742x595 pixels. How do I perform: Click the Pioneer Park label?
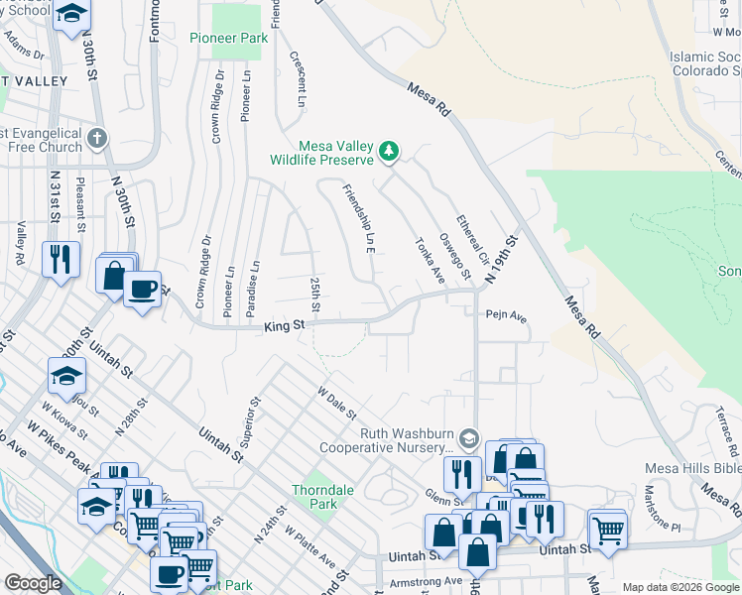point(228,39)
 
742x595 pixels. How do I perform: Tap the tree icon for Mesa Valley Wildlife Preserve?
point(390,152)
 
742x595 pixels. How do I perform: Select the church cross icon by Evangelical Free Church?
point(96,137)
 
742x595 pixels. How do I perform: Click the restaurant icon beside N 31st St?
point(61,260)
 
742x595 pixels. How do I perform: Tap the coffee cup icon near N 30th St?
point(144,289)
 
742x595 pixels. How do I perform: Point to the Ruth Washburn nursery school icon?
point(468,437)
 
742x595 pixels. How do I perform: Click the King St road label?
point(283,326)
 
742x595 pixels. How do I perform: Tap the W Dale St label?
point(337,403)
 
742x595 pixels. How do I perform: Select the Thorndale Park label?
point(316,497)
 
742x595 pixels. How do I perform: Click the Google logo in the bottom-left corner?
point(33,583)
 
